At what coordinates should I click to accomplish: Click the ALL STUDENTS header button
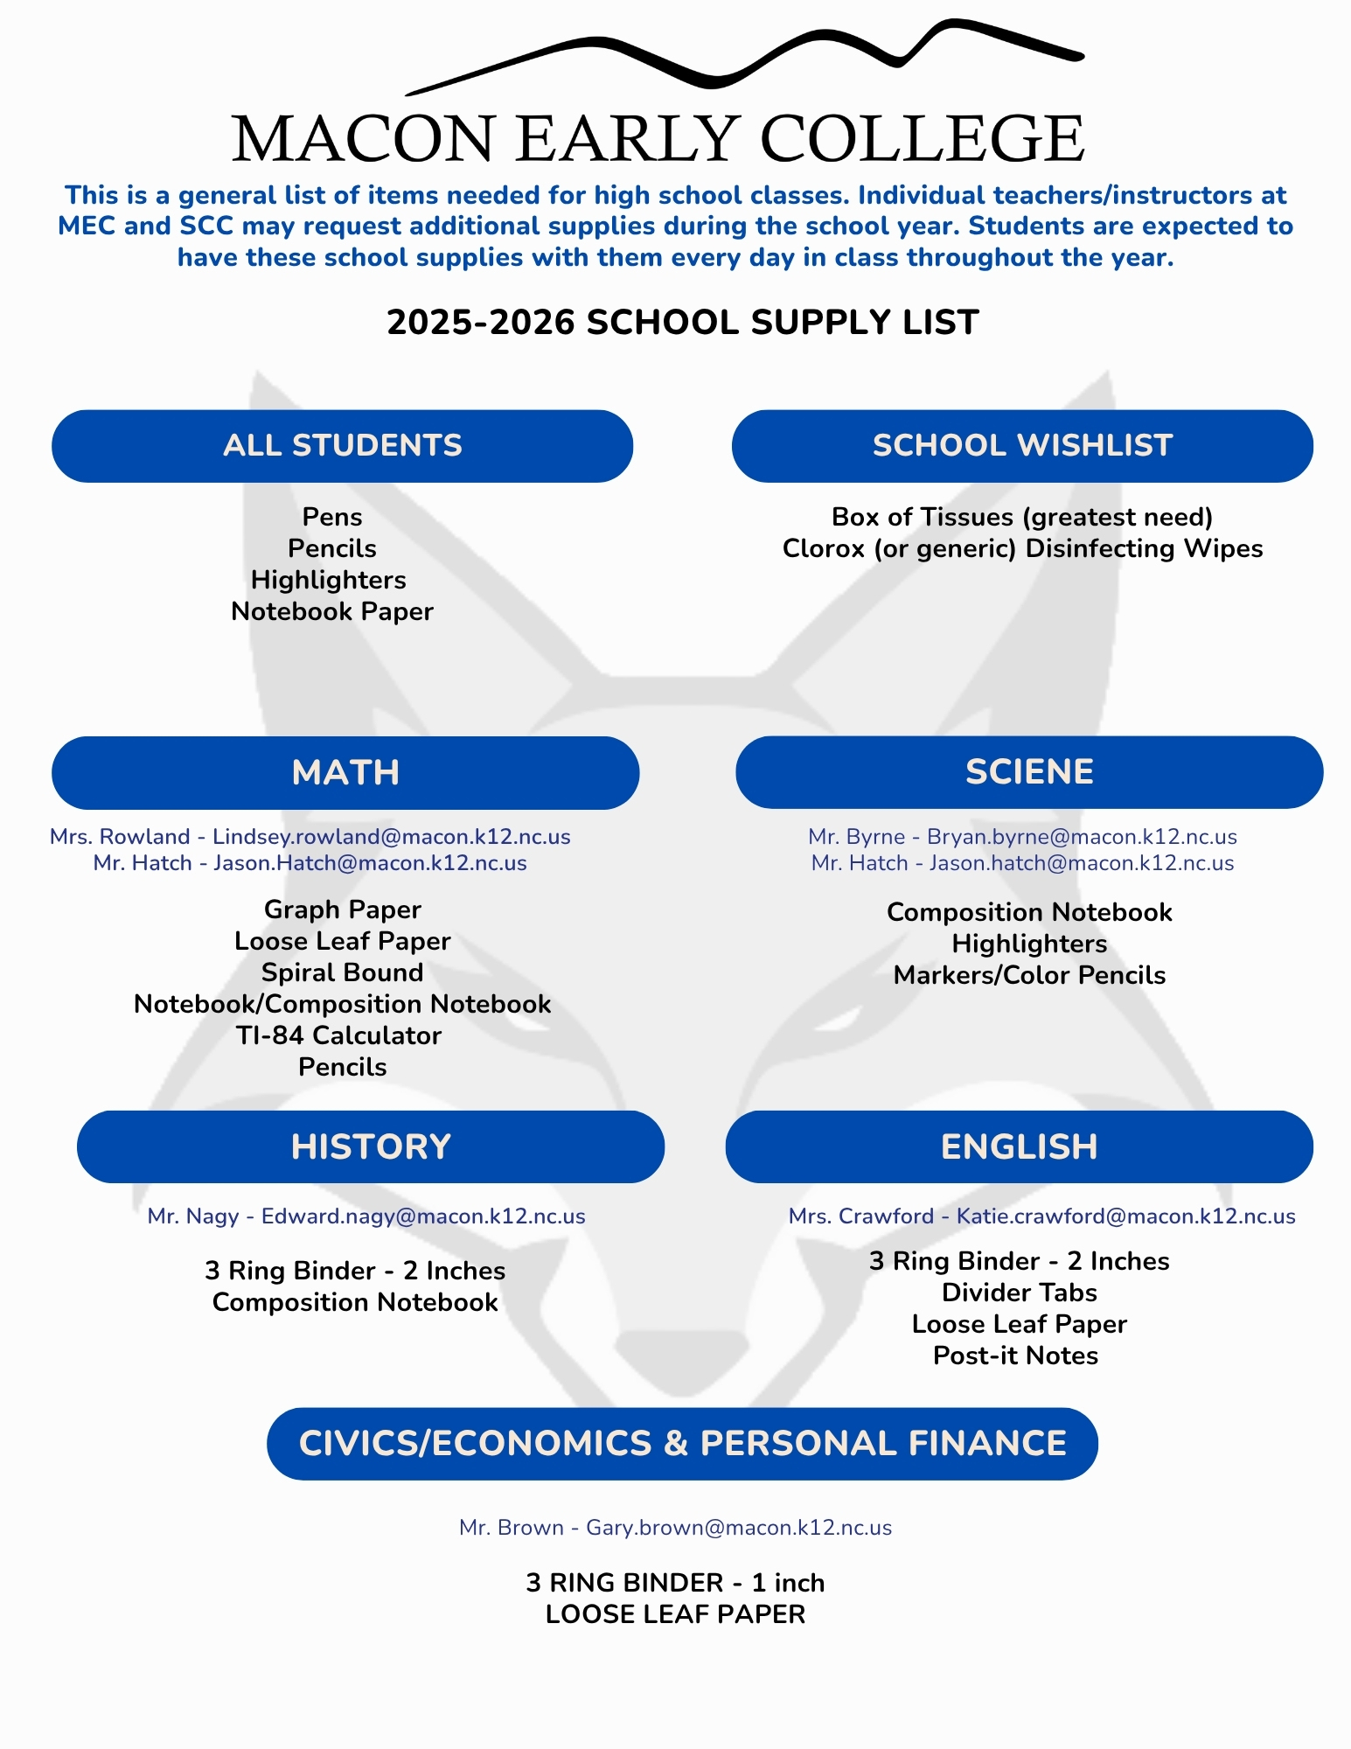tap(342, 446)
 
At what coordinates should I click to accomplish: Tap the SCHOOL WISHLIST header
tap(1022, 446)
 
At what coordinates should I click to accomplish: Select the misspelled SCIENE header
tap(1029, 772)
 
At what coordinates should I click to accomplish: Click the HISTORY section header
tap(371, 1146)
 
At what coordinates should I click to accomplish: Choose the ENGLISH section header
tap(1019, 1146)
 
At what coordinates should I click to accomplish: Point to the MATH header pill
tap(345, 772)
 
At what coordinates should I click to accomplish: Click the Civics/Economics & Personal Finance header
tap(682, 1444)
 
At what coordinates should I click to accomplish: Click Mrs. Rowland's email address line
tap(310, 837)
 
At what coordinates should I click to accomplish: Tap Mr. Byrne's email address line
tap(1022, 837)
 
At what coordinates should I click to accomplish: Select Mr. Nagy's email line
tap(366, 1216)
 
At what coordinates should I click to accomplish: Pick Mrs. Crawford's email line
tap(1041, 1216)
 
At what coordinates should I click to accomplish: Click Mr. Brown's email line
tap(675, 1528)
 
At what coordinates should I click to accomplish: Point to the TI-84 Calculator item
tap(338, 1035)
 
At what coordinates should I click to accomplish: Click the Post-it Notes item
tap(1015, 1355)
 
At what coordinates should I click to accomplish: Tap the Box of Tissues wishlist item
tap(1021, 517)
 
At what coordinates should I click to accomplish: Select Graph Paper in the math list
tap(342, 909)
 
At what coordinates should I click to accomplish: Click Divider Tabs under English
tap(1019, 1293)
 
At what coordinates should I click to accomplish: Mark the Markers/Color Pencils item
tap(1029, 975)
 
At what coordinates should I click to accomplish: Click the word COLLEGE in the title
tap(922, 139)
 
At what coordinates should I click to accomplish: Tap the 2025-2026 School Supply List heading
tap(682, 323)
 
